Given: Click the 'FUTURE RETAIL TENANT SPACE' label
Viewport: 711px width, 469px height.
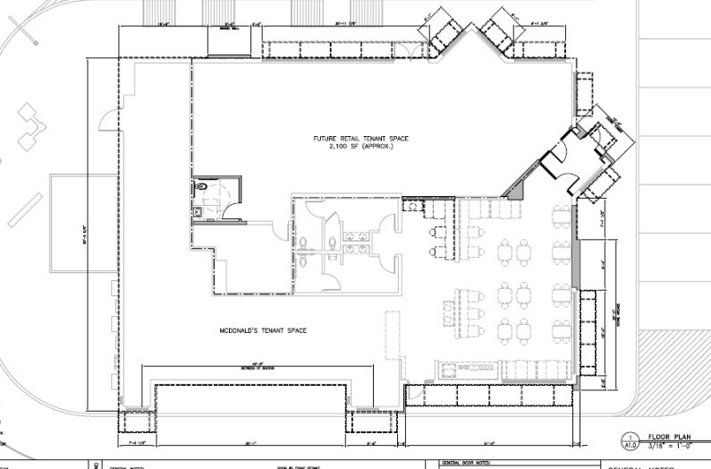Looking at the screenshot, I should tap(353, 138).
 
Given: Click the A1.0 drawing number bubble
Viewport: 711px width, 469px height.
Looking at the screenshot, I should tap(630, 441).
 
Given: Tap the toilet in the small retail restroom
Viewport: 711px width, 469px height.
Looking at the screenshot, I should tap(202, 186).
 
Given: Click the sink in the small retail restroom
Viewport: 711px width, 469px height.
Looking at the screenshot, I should tap(197, 212).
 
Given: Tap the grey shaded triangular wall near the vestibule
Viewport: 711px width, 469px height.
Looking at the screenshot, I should tap(515, 189).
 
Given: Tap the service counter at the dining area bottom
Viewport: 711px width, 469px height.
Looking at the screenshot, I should tap(465, 367).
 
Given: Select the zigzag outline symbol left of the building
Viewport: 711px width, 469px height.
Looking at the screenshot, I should tap(34, 127).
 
